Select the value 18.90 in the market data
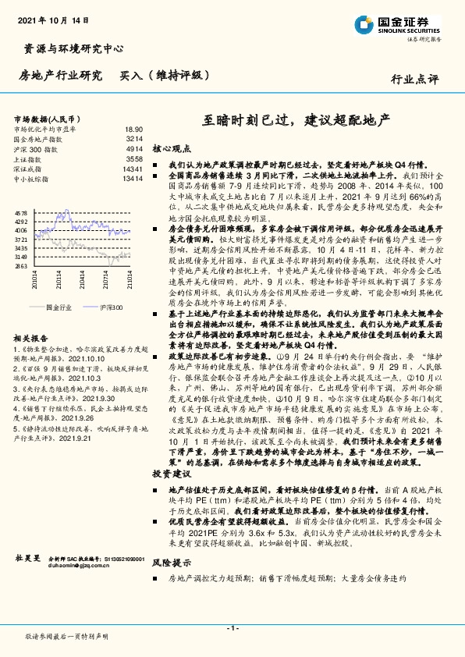click(x=133, y=129)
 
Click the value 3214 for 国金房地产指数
click(x=134, y=138)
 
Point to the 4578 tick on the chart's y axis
click(x=21, y=212)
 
